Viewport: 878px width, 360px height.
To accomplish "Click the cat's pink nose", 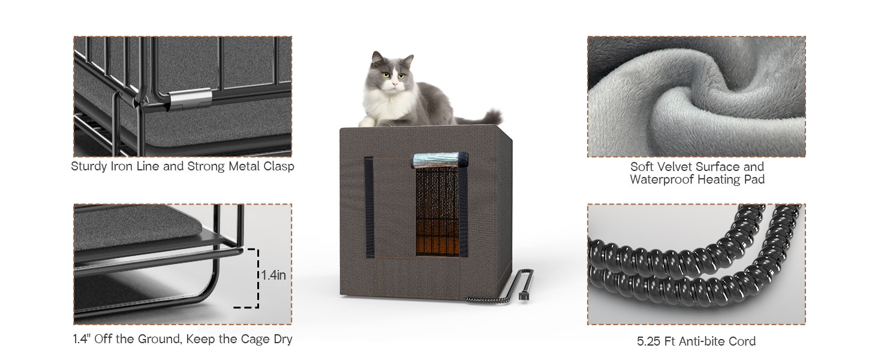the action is click(395, 83).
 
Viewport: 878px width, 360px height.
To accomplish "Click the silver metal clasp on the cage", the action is click(191, 99).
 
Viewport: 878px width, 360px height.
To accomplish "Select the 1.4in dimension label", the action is click(273, 275).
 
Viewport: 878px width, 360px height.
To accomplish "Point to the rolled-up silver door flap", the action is click(440, 160).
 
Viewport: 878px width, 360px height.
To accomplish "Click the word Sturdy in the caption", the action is click(89, 167).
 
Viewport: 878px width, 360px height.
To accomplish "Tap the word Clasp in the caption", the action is click(279, 166).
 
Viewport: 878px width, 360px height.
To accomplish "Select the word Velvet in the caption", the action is click(673, 167).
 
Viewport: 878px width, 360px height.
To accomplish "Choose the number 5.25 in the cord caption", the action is click(649, 341).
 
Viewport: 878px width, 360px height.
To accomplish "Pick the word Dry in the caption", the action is click(283, 340).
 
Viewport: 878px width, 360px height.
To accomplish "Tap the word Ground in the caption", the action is click(158, 339).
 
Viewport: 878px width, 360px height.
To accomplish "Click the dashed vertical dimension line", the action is click(258, 278).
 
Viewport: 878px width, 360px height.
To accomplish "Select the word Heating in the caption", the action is click(720, 180).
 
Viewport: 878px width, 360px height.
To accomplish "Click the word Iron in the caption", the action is click(122, 166).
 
